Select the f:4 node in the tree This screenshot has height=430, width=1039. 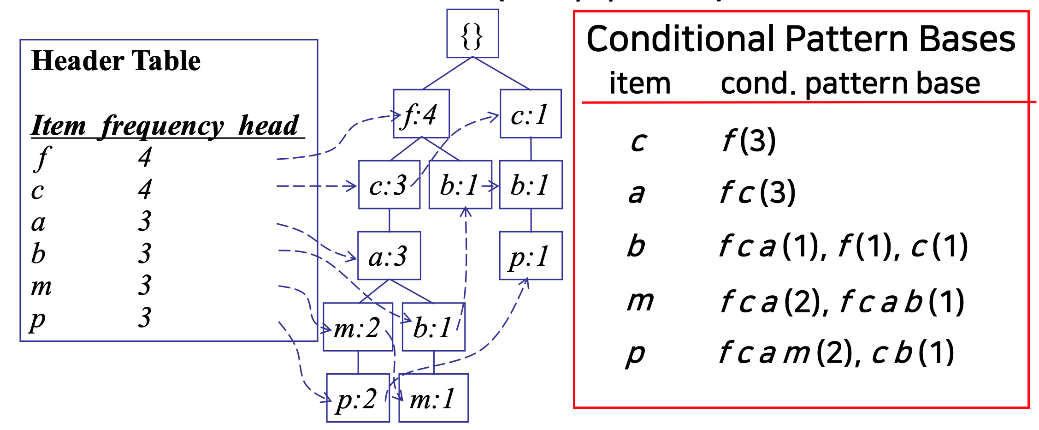coord(421,114)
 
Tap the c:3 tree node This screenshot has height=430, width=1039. coord(389,185)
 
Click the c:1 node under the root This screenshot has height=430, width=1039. coord(530,114)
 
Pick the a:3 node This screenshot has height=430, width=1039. coord(389,256)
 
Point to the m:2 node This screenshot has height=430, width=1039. coord(357,328)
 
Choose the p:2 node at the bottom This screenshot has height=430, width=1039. coord(357,398)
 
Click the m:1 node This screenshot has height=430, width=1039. coord(433,398)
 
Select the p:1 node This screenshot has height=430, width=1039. coord(530,256)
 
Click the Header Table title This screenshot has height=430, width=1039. coord(116,60)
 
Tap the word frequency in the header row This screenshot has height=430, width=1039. coord(162,125)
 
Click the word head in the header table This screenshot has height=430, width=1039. coord(269,125)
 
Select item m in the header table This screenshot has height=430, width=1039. coord(41,286)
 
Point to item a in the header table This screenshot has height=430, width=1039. coord(38,222)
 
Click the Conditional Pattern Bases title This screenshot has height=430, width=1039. coord(801,39)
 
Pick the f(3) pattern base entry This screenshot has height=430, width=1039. coord(749,140)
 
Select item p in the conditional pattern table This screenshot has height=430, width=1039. coord(635,353)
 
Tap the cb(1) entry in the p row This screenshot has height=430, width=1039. coord(913,353)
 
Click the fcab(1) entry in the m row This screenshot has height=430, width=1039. coord(902,302)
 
